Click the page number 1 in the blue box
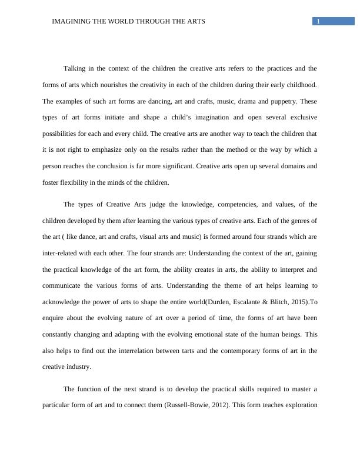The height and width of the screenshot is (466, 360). [x=318, y=22]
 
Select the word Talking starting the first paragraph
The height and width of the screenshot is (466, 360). [x=74, y=69]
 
